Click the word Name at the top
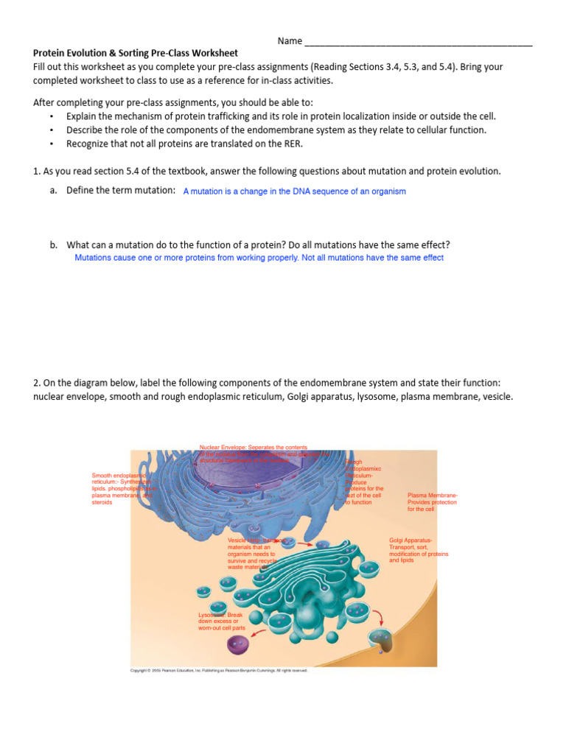290,40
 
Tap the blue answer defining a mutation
294,191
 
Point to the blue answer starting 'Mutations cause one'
259,258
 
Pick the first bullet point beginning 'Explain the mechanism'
281,116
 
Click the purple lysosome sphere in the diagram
237,645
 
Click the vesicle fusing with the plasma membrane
382,640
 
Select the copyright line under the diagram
219,671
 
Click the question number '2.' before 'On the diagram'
38,383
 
